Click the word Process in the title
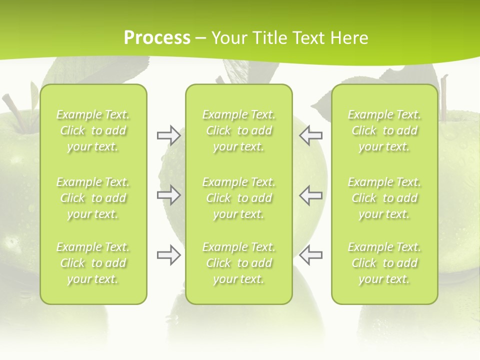coord(157,38)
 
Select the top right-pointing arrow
coord(168,135)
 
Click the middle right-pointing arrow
coord(168,195)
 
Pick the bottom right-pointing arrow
coord(168,255)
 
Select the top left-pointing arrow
coord(310,135)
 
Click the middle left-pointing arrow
coord(310,195)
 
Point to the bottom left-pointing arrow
coord(310,255)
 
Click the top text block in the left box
coord(93,130)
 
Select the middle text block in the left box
coord(93,198)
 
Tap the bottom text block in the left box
coord(93,263)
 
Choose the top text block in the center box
coord(238,130)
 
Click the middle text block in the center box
coord(238,198)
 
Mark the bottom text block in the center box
coord(238,263)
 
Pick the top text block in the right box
coord(384,130)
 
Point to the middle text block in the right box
coord(384,198)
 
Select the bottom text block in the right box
coord(384,263)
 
